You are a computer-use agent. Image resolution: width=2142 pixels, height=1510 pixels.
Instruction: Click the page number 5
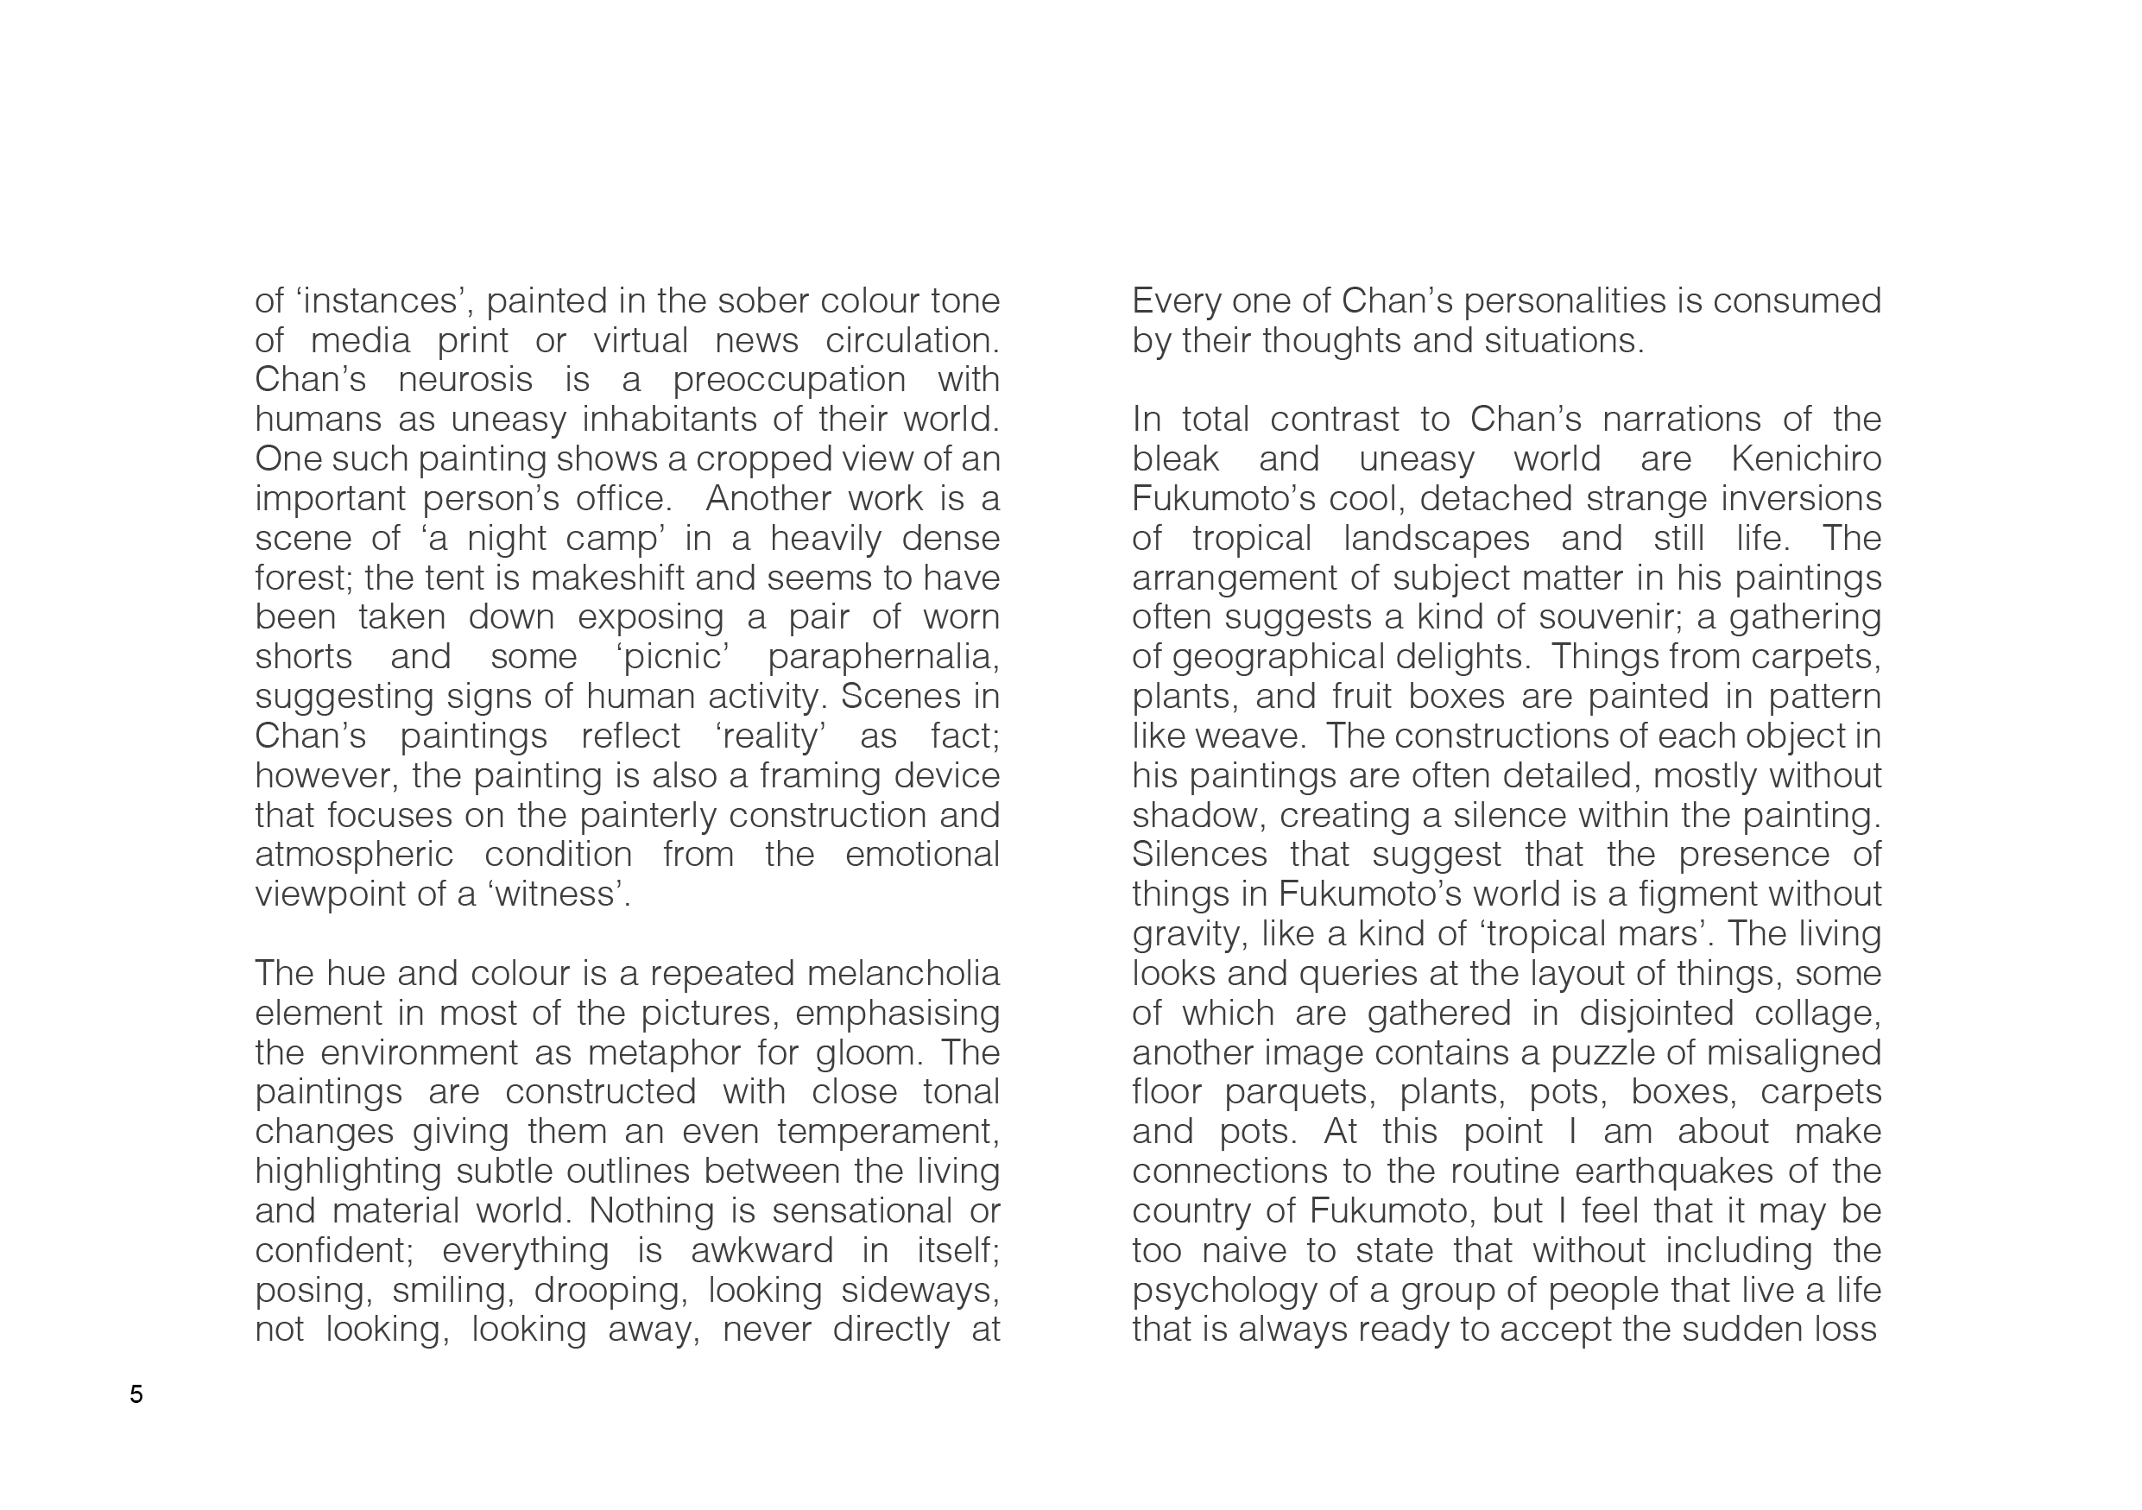click(136, 1394)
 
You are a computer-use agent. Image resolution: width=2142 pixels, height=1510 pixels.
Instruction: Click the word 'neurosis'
click(464, 381)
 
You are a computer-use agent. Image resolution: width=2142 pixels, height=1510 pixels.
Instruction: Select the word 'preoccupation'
click(789, 381)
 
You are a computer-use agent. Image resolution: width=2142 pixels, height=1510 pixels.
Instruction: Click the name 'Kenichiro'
click(1805, 460)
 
